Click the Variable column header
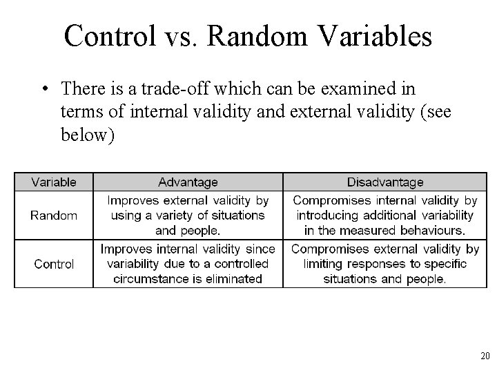tap(54, 182)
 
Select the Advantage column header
tap(188, 182)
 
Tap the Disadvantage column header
tap(385, 182)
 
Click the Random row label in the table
tap(54, 216)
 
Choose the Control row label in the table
tap(54, 264)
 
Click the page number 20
tap(484, 356)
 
